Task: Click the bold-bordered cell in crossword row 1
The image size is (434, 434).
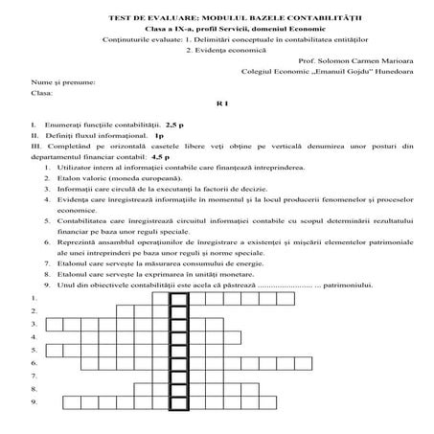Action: [x=178, y=299]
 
